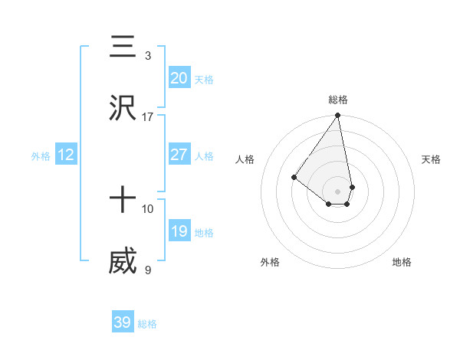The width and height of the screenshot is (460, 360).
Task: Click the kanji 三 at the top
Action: (123, 47)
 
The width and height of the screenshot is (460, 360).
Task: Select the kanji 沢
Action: (123, 109)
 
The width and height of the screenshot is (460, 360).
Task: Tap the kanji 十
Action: (123, 201)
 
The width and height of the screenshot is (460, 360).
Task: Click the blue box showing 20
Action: (179, 78)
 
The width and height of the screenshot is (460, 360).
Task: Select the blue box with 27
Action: (179, 155)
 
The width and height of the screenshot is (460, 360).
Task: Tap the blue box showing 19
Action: (179, 231)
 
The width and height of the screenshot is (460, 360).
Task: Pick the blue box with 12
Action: (66, 155)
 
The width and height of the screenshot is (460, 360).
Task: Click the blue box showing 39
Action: (123, 322)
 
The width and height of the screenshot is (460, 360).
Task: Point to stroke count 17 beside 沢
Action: (147, 117)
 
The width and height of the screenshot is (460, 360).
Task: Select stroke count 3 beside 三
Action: (147, 56)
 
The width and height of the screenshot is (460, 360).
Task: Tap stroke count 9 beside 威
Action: (147, 270)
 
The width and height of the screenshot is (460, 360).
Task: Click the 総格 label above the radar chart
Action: (338, 100)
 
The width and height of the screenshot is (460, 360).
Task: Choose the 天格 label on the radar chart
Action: (431, 159)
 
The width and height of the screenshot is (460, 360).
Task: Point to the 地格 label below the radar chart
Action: (402, 262)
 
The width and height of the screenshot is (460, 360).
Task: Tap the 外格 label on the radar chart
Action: (270, 262)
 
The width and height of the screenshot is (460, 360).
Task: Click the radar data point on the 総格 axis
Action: (338, 116)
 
